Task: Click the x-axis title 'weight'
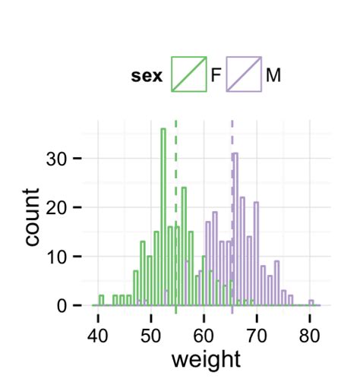point(205,358)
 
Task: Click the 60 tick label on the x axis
point(204,333)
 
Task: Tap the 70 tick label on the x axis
point(257,333)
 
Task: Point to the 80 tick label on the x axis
point(309,333)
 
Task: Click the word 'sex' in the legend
point(147,76)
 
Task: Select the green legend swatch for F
point(188,74)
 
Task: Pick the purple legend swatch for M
point(243,74)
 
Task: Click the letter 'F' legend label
point(216,76)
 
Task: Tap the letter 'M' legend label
point(273,76)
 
